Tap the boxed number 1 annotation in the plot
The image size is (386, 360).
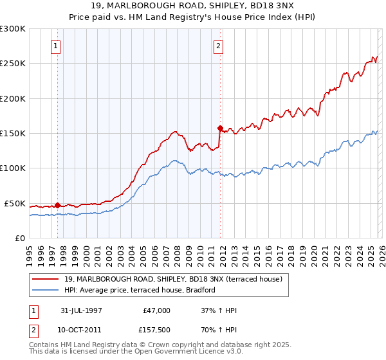coord(57,46)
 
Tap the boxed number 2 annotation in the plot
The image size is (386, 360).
coord(219,46)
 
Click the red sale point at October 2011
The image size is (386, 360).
coord(220,128)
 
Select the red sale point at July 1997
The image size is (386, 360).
coord(57,205)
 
